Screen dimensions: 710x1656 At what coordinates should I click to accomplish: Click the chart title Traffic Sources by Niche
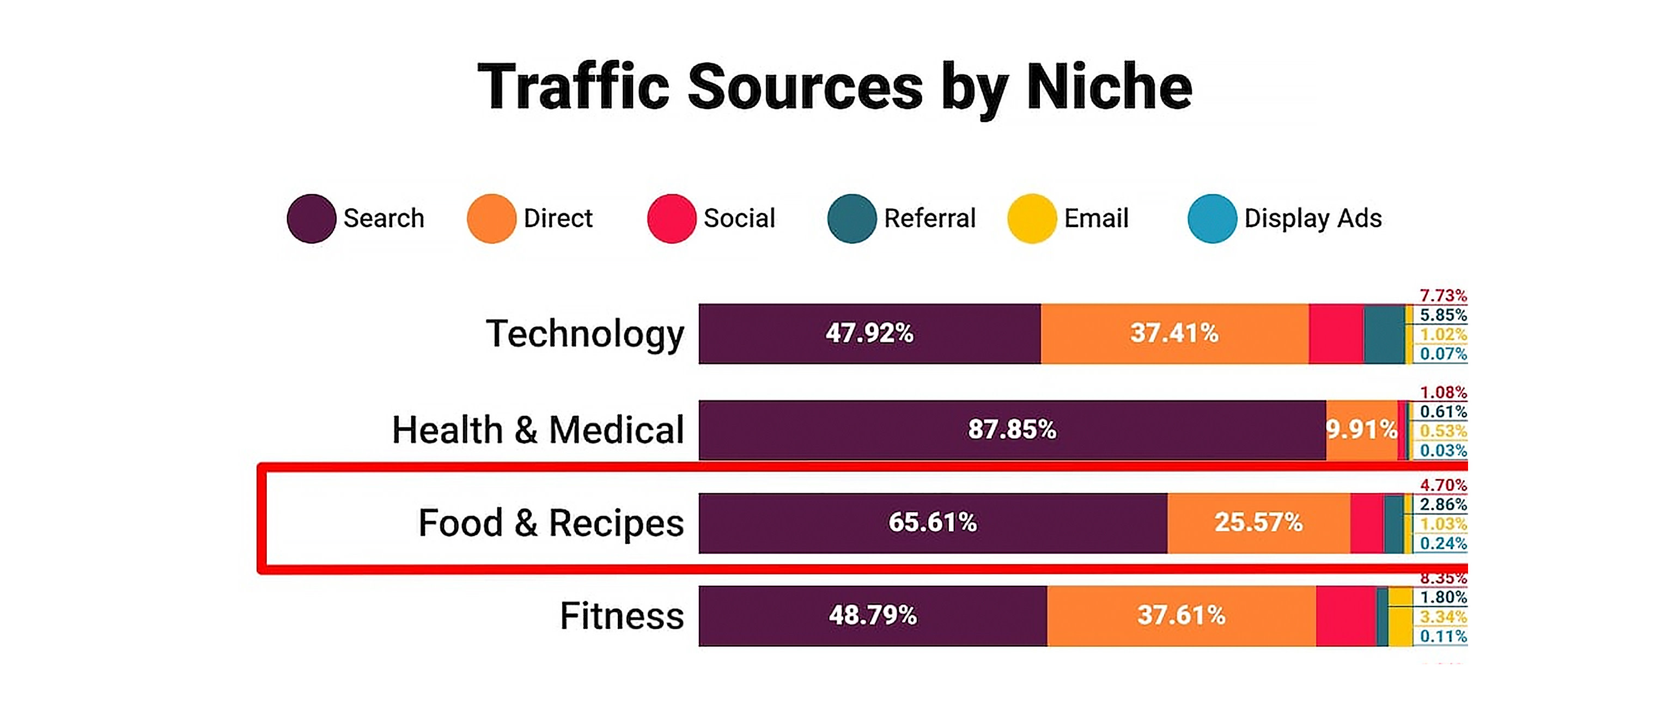[835, 87]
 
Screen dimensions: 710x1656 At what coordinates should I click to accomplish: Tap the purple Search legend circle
[311, 218]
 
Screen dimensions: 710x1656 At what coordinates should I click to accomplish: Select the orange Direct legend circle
[491, 218]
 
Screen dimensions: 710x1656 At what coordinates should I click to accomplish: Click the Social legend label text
[739, 218]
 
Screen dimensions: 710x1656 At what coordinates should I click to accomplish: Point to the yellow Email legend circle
[1032, 218]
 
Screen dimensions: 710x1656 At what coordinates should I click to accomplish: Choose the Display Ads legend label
[1313, 218]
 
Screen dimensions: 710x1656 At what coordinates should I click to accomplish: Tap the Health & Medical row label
[538, 430]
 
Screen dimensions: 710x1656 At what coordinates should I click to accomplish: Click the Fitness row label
[622, 616]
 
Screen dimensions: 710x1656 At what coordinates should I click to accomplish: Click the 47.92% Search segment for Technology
[869, 333]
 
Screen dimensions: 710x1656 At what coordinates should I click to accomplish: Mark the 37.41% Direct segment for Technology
[1174, 333]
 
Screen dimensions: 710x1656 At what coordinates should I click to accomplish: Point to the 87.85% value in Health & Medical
[1012, 430]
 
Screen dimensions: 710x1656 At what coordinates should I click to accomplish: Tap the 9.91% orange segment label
[1361, 430]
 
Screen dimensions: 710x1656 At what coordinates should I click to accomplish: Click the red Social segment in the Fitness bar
[1345, 616]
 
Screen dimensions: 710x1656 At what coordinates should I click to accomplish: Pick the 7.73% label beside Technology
[1443, 296]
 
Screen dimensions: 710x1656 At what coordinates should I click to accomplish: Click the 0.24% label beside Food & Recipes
[1443, 543]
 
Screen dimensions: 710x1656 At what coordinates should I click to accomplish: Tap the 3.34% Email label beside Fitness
[1443, 617]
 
